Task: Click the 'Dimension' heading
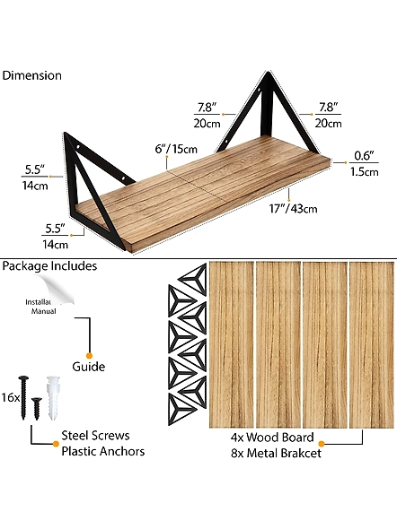click(31, 75)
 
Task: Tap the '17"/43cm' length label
click(294, 209)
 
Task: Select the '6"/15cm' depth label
click(176, 149)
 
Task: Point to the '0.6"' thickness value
click(365, 155)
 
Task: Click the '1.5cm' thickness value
click(365, 172)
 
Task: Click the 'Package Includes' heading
click(49, 266)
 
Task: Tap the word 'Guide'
click(89, 367)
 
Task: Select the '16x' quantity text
click(11, 397)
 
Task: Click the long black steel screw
click(23, 397)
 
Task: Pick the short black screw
click(37, 409)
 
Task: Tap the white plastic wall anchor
click(53, 397)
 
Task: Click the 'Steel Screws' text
click(95, 436)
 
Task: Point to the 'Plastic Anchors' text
click(103, 451)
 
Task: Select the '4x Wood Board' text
click(272, 438)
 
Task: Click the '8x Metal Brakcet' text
click(276, 453)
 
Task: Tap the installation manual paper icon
click(50, 295)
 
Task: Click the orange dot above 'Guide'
click(89, 356)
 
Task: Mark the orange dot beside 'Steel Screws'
click(56, 443)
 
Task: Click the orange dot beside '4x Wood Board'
click(322, 444)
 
